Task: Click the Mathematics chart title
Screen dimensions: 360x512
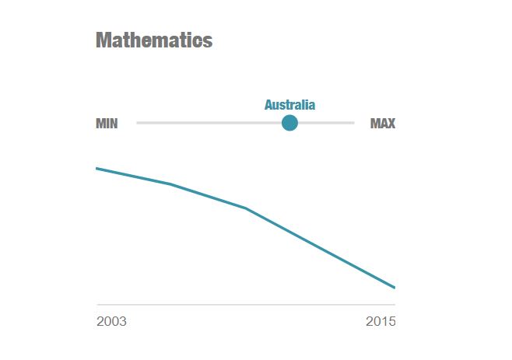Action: (x=153, y=40)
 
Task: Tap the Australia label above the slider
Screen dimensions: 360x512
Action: (x=289, y=105)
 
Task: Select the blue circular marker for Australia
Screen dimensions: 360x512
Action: (x=289, y=123)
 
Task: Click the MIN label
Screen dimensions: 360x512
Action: (x=107, y=124)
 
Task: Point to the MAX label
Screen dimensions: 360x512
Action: (x=382, y=124)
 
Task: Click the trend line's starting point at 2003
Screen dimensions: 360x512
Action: (x=96, y=168)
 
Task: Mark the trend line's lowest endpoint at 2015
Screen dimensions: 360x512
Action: (x=395, y=288)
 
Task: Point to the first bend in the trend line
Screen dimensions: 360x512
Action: (x=170, y=184)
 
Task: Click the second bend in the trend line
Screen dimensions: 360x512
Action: (x=246, y=208)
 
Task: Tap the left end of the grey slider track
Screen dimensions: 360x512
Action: (x=138, y=123)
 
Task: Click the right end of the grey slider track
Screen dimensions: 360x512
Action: (x=353, y=123)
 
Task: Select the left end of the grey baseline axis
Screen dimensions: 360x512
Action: (x=98, y=304)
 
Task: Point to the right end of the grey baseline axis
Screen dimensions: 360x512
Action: (x=395, y=304)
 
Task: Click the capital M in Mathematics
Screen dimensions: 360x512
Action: (x=103, y=40)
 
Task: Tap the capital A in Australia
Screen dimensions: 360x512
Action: (x=268, y=105)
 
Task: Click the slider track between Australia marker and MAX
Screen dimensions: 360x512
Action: (x=327, y=123)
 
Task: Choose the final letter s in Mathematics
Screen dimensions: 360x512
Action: (x=208, y=41)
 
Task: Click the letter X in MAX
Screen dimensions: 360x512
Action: (x=391, y=124)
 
